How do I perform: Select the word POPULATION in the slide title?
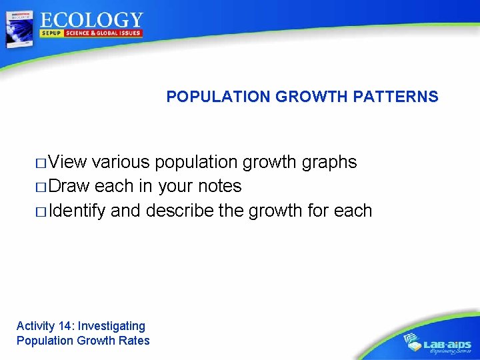pos(219,97)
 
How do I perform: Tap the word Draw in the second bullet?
pos(69,186)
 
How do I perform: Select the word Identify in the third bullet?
pos(77,211)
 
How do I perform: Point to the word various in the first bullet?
pos(122,162)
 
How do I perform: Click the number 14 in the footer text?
pos(65,326)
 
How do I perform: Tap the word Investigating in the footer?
pos(111,326)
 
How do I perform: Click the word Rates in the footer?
pos(135,341)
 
